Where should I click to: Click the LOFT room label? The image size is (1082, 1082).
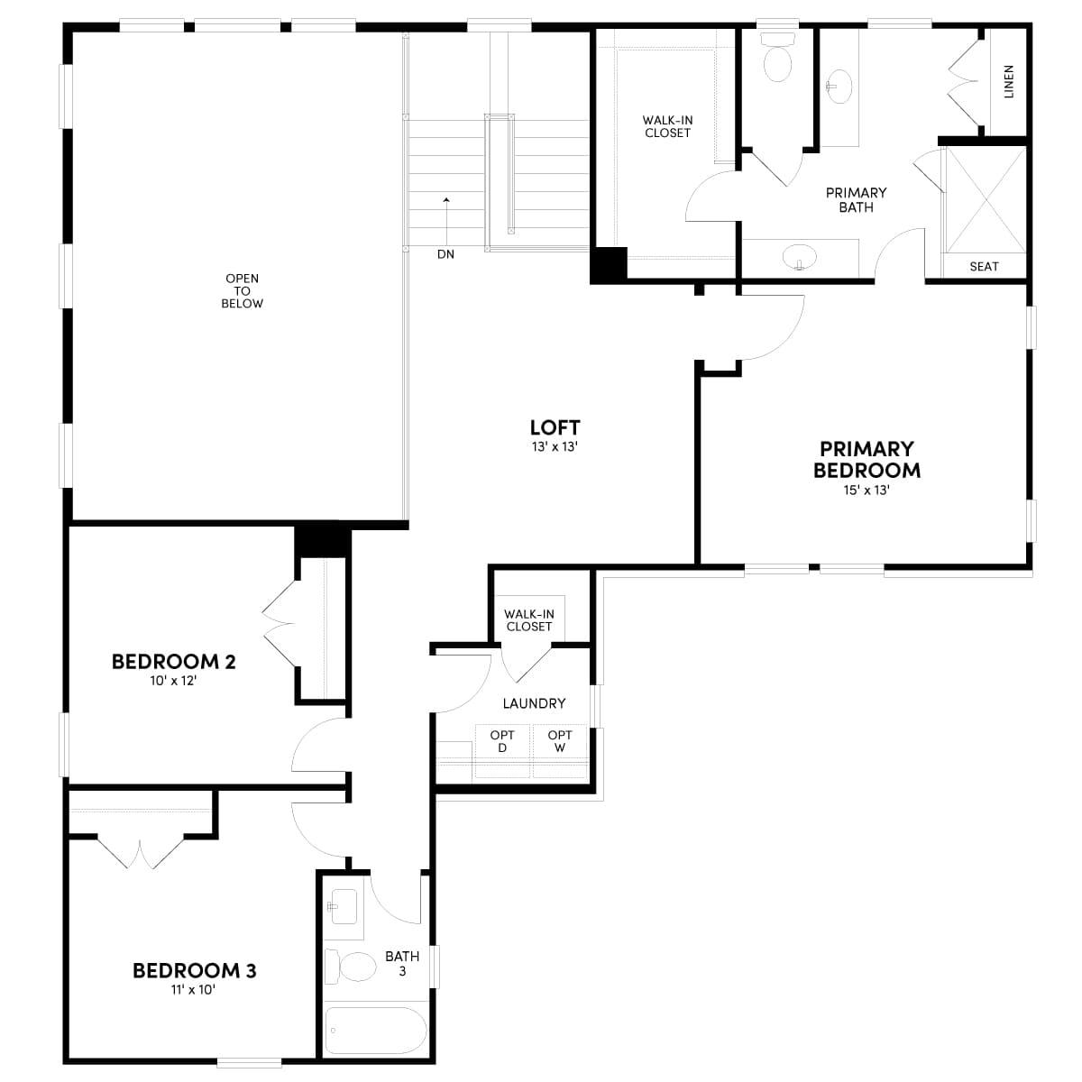[555, 427]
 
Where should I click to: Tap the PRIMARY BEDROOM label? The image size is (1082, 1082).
[867, 459]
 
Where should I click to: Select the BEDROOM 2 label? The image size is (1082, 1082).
[174, 662]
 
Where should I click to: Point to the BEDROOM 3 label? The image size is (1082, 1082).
[195, 970]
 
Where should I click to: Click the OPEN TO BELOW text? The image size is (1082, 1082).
[243, 291]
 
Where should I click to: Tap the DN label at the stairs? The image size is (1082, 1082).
[445, 254]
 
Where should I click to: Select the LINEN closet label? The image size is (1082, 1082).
[1008, 81]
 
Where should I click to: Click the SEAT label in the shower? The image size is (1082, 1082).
[984, 266]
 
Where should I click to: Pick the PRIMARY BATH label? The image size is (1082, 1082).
[856, 199]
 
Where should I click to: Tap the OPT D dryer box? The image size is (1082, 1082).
[502, 750]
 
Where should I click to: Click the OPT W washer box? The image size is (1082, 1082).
[559, 750]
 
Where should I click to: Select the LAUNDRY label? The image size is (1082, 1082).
[534, 703]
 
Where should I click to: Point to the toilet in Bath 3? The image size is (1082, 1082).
[352, 967]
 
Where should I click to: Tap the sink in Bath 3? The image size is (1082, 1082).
[343, 905]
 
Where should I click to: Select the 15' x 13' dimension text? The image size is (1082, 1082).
[867, 491]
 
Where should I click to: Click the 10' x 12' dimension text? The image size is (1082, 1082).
[173, 682]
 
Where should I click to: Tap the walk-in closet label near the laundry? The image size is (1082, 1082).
[529, 620]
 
